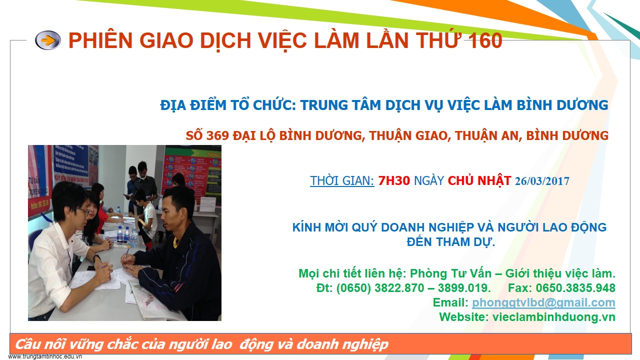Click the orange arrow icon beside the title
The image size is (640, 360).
48,40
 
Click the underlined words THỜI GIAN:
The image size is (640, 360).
342,180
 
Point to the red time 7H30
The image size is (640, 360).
394,180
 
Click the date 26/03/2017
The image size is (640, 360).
542,181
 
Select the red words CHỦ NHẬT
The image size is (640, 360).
479,180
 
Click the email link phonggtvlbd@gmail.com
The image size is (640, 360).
543,302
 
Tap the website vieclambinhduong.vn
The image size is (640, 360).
553,317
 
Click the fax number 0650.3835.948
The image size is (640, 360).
575,288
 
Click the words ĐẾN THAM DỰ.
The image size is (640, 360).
450,242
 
